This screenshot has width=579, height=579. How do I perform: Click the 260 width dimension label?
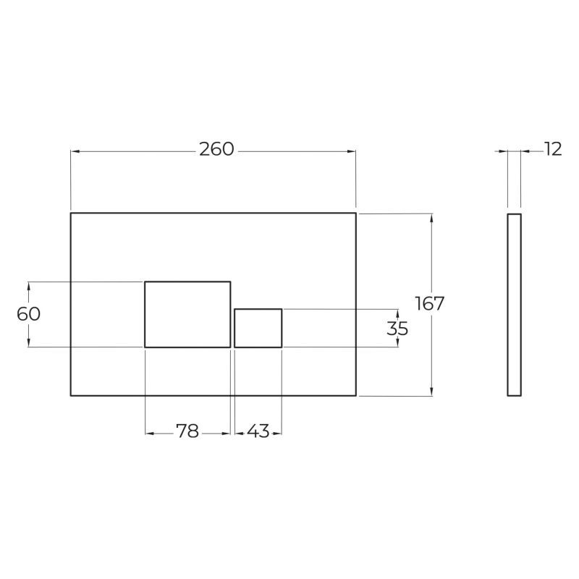[216, 150]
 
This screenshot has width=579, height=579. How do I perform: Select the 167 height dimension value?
[429, 303]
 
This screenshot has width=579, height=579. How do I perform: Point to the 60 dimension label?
[28, 314]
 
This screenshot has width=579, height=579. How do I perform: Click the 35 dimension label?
[397, 329]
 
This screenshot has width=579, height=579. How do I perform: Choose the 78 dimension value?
[187, 432]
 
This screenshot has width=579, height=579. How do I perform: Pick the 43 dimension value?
[258, 432]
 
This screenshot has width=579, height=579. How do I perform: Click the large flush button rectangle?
[187, 314]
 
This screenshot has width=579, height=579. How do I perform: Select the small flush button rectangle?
[258, 328]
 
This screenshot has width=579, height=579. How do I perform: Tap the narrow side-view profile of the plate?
[514, 305]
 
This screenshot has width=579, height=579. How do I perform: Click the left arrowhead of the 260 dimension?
[75, 151]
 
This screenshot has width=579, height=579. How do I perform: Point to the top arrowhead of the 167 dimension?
[432, 218]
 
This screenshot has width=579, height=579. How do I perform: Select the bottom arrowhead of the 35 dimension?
[397, 343]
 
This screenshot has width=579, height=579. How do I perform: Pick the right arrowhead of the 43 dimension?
[278, 434]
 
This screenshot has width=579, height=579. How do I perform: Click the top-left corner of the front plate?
[71, 213]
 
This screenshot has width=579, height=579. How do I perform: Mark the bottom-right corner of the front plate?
[356, 396]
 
